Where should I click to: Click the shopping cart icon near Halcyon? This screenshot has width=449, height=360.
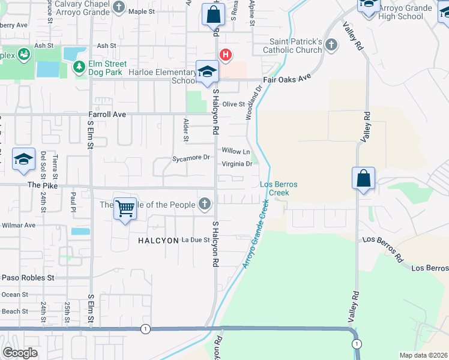[x=125, y=209]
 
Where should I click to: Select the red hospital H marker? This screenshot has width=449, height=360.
[x=225, y=55]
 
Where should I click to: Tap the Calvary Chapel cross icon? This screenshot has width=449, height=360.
[x=119, y=7]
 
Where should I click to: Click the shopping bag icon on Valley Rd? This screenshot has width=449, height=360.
[x=363, y=178]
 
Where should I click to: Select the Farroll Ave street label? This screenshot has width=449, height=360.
[x=106, y=113]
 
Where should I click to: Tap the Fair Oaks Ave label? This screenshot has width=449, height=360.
[x=287, y=78]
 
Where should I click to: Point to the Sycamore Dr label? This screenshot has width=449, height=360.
[x=190, y=158]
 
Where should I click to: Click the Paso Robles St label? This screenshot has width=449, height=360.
[x=28, y=278]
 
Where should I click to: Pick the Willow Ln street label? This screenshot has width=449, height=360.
[x=235, y=151]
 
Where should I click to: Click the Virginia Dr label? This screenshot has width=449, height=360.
[x=237, y=163]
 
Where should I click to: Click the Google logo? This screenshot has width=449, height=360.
[x=20, y=353]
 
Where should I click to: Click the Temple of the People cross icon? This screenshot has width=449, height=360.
[x=205, y=204]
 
